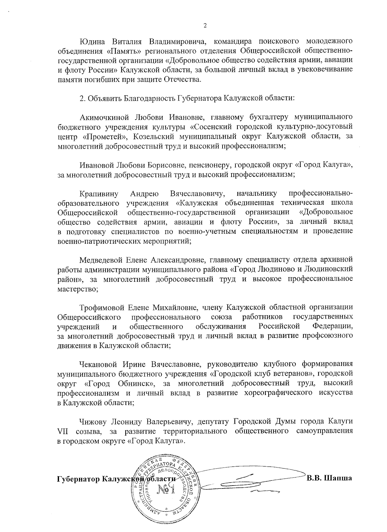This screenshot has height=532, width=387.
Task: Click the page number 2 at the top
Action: coord(205,26)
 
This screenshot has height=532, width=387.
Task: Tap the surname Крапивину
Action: coord(99,193)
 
